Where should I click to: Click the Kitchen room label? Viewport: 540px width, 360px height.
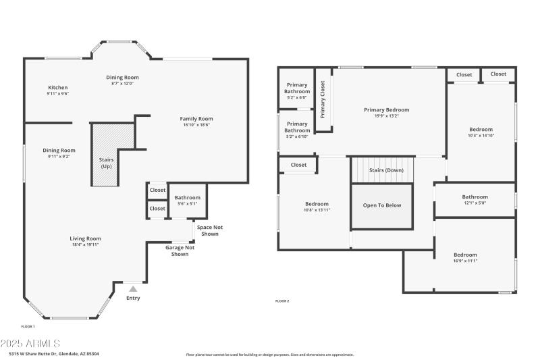click(57, 88)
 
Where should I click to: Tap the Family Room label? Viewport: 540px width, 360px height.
click(196, 119)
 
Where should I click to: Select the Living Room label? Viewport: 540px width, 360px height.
click(85, 238)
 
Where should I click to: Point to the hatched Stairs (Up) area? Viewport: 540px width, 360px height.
click(106, 155)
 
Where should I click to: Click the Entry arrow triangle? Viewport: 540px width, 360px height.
click(133, 289)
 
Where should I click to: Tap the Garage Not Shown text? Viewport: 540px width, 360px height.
click(180, 251)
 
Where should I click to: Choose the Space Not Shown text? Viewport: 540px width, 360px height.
click(209, 230)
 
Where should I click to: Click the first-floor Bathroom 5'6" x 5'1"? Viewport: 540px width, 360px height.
click(187, 201)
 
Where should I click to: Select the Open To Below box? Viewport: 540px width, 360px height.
click(381, 205)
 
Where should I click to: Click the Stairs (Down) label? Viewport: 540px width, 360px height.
click(387, 170)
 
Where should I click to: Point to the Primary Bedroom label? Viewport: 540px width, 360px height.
click(386, 110)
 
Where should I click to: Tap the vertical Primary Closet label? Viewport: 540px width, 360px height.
click(323, 99)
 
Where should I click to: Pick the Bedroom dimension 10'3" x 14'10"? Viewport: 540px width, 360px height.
click(481, 136)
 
